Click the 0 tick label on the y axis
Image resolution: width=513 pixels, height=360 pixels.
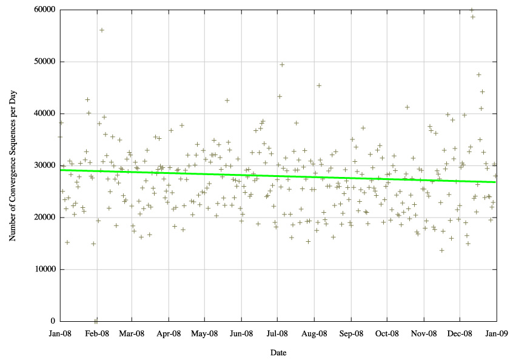pos(53,321)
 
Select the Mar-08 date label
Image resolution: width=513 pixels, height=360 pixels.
pos(132,333)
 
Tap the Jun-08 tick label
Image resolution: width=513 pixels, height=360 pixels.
pos(242,333)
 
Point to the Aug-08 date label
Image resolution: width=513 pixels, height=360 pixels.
pos(315,333)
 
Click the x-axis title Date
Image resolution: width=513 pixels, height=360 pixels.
pos(278,352)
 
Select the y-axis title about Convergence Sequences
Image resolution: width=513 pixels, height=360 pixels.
pos(12,165)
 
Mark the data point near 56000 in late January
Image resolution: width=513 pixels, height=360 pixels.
pos(102,30)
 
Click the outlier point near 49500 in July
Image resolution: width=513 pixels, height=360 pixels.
pos(282,64)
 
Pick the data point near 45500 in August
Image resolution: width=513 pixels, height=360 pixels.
pos(319,85)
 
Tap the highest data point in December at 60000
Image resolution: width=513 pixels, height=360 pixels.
pos(472,10)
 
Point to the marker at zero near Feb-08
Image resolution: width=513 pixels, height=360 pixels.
pos(96,321)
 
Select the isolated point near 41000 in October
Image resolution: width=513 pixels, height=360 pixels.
pos(407,107)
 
